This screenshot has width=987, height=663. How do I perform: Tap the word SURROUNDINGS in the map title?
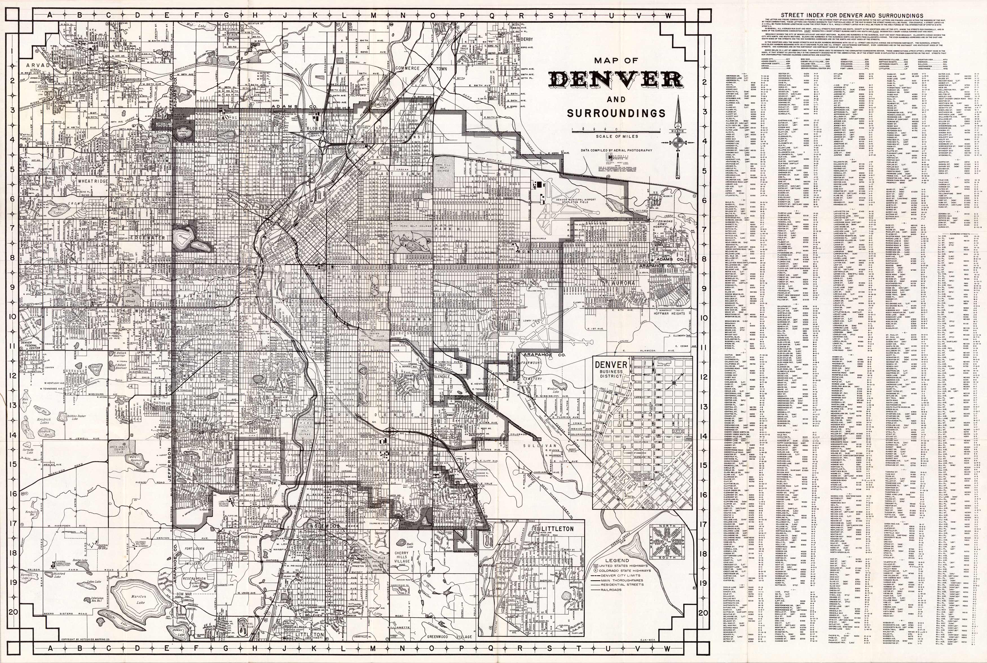[616, 113]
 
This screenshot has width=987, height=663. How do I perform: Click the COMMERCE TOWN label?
[421, 68]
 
